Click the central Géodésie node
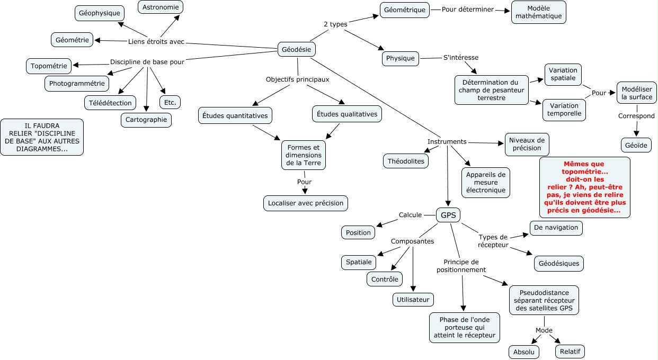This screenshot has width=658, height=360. coord(296,49)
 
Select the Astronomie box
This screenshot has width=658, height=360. coord(161,7)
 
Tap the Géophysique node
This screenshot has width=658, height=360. coord(99,13)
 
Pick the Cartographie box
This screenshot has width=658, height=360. coord(146,120)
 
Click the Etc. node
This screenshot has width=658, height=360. coord(170,103)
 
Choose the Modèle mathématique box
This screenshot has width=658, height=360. coord(538,12)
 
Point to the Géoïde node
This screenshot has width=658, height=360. coord(636,146)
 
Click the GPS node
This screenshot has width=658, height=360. coord(448,215)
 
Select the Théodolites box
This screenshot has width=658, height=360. coord(406,161)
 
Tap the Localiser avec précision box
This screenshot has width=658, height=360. coord(306,203)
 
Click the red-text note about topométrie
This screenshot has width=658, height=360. coord(584,187)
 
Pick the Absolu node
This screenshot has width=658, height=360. coord(524,352)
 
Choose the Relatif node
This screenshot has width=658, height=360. coord(570,352)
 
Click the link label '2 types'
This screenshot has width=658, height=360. coord(335,24)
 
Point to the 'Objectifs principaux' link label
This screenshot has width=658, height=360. coord(297,79)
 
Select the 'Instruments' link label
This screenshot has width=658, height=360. coord(447,141)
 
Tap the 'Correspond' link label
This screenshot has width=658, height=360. coord(636,116)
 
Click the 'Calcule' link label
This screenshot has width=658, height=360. coord(410,215)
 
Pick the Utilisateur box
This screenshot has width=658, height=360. coord(413,300)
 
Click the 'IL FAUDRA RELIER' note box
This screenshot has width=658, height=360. coord(42,137)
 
